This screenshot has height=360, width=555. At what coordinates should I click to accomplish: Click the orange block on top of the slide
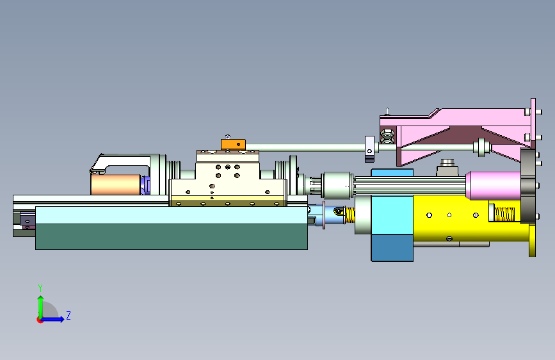tap(233, 144)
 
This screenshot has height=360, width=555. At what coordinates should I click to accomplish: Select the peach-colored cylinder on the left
tap(116, 184)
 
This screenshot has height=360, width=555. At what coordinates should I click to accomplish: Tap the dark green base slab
tap(172, 236)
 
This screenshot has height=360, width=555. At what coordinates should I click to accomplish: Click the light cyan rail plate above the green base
tap(172, 215)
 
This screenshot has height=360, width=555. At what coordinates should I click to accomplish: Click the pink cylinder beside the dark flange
tap(494, 185)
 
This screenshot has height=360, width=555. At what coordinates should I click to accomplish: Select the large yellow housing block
tap(471, 218)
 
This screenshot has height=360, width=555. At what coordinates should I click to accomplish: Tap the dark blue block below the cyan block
tap(392, 248)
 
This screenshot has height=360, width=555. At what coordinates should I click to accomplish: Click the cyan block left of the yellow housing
tap(392, 215)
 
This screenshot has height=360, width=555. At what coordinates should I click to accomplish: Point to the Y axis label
tap(40, 288)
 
